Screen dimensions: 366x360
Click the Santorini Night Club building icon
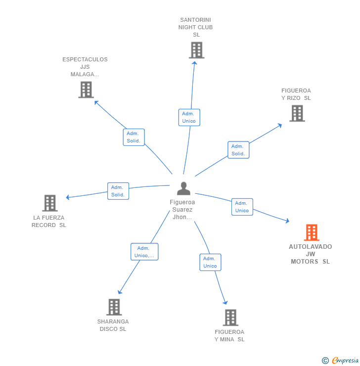[196, 50]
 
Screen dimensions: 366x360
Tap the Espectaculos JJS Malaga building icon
[86, 90]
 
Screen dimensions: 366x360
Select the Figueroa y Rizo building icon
[297, 113]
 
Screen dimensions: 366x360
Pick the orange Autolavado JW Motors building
[311, 232]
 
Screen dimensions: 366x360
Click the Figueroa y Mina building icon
[230, 318]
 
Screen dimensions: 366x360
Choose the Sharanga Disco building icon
[114, 307]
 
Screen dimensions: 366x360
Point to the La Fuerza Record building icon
[49, 203]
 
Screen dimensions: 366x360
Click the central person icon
[183, 188]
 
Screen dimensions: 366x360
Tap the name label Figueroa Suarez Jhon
[182, 210]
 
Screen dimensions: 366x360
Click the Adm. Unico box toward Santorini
[189, 117]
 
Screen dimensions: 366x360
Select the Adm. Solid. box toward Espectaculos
[134, 137]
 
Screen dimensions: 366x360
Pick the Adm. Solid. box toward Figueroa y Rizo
[238, 150]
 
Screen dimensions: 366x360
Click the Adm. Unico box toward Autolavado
[242, 207]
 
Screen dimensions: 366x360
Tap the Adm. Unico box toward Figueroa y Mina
[210, 262]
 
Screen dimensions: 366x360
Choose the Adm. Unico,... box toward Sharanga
[144, 252]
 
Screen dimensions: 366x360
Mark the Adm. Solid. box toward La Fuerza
[118, 191]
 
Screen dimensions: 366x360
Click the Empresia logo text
[345, 360]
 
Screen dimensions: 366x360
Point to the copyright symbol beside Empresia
[325, 361]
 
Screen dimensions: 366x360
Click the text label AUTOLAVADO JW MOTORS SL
[311, 254]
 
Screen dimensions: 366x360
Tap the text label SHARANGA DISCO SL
[113, 325]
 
